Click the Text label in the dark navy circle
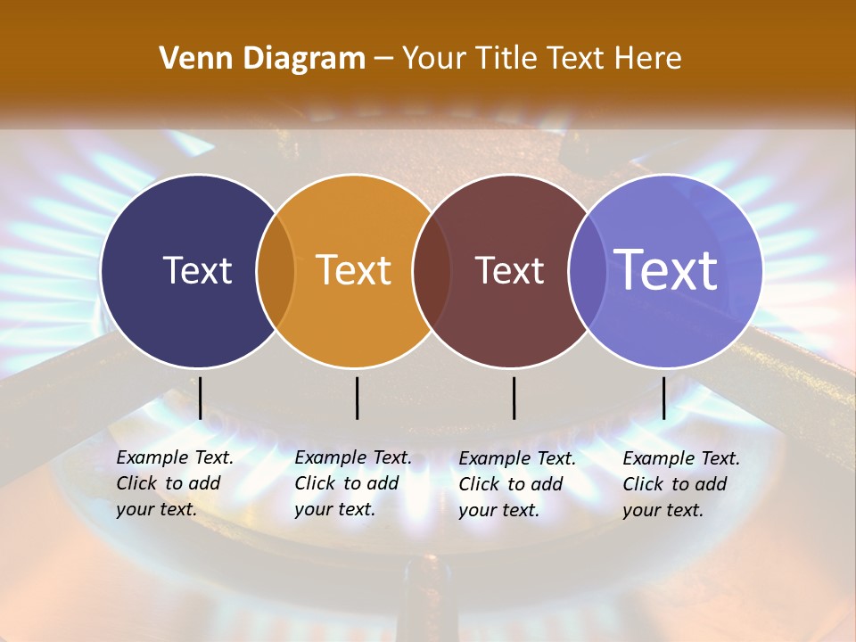tap(197, 270)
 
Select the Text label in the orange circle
tap(354, 270)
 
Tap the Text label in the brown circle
tap(509, 270)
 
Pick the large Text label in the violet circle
tap(666, 270)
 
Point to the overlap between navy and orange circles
tap(276, 271)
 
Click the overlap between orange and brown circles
tap(432, 271)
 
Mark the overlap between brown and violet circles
tap(587, 271)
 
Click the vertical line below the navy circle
tap(200, 398)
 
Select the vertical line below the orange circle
tap(357, 398)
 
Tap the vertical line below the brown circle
tap(514, 398)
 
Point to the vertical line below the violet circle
tap(663, 398)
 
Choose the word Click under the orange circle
tap(315, 483)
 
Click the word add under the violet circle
tap(710, 484)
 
